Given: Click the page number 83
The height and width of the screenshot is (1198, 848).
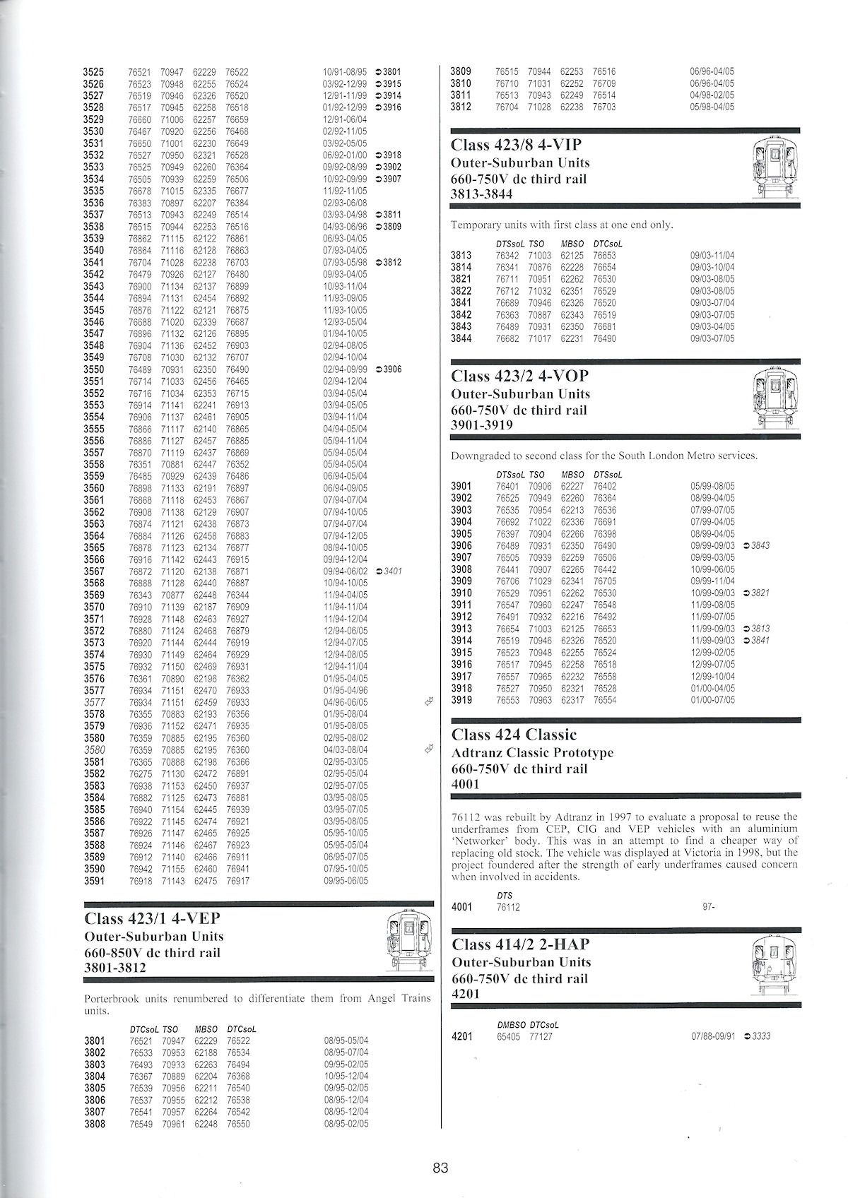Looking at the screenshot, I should coord(440,1168).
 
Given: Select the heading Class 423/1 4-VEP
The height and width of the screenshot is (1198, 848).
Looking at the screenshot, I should coord(152,918).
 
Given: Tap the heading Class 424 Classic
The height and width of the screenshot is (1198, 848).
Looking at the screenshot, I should coord(514,735).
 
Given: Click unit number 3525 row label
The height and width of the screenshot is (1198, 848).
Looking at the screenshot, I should coord(93,72).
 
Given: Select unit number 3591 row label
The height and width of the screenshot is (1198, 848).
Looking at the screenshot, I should coord(93,881).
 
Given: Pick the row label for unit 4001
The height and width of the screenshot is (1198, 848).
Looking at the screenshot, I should coord(461,907).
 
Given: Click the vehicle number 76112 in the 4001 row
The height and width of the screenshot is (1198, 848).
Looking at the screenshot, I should coord(508,907).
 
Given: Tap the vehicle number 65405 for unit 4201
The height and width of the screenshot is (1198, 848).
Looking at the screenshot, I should coord(508,1036).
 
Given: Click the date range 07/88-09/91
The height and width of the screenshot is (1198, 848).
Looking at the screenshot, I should coord(713,1036).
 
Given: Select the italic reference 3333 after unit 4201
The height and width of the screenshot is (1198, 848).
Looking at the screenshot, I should coord(761,1036).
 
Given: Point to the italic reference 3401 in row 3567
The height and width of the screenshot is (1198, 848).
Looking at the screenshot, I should coord(392,571).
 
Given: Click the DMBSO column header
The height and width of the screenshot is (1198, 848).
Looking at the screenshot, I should coord(512,1024).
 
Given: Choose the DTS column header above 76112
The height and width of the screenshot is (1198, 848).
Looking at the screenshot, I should coord(505,895).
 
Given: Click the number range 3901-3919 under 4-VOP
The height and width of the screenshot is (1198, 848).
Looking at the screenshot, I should coord(482,425).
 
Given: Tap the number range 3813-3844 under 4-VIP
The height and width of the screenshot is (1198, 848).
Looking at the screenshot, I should coord(482,194).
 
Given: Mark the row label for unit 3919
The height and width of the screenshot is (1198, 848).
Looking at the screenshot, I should coord(461,700).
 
